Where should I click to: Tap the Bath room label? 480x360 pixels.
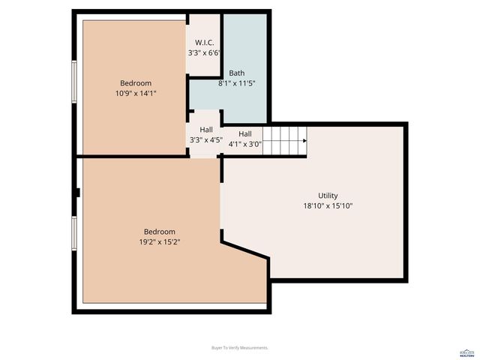(236, 73)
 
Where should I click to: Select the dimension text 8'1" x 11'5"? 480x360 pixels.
(236, 83)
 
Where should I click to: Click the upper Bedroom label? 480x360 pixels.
(136, 82)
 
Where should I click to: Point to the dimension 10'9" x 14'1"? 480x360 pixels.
(136, 93)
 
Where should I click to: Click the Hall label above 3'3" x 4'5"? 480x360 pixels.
(205, 129)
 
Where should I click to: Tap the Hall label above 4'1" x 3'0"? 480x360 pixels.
(244, 133)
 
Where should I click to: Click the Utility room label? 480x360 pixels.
(328, 195)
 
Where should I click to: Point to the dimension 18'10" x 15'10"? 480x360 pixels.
(328, 205)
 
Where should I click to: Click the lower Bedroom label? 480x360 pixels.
(159, 232)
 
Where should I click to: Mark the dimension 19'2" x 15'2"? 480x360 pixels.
(159, 242)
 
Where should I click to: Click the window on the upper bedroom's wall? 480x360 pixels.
(74, 82)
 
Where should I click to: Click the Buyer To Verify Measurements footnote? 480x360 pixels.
(240, 348)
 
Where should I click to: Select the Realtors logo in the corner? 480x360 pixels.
(468, 352)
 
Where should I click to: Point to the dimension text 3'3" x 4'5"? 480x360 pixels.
(205, 139)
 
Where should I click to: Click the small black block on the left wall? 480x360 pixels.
(76, 193)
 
